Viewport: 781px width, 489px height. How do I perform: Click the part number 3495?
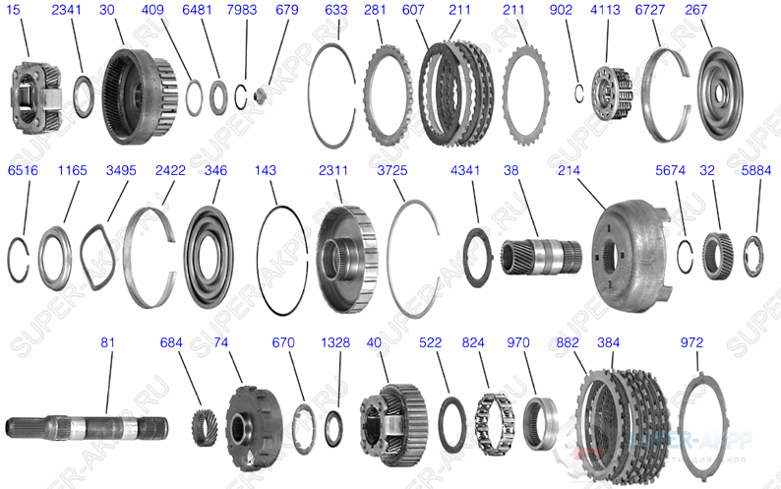121,170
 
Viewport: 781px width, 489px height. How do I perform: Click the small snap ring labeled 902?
580,91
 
